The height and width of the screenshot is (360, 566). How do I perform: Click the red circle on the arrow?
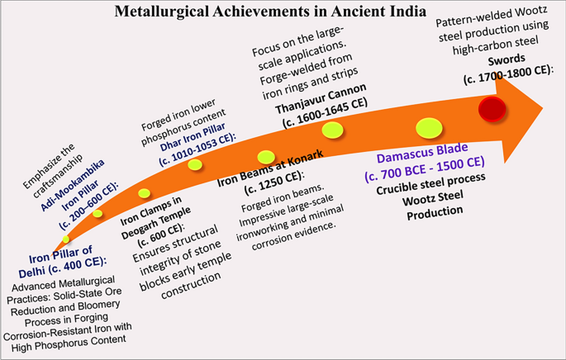click(492, 108)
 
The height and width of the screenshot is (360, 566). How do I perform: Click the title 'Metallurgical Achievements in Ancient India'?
click(282, 13)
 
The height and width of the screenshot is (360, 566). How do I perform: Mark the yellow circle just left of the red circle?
click(430, 127)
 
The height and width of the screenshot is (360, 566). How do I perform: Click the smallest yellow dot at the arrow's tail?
click(66, 239)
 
